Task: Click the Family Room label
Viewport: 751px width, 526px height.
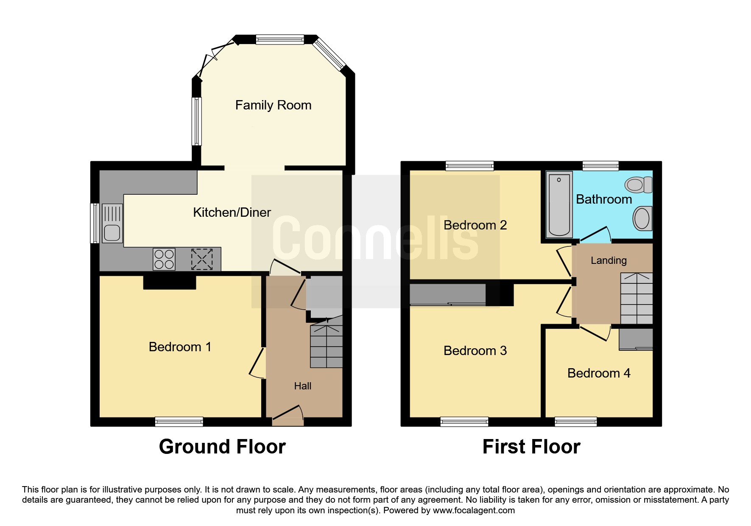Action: (273, 105)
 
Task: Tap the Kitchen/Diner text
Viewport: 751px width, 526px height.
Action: (232, 213)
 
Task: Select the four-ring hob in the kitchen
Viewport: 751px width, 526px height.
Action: (164, 259)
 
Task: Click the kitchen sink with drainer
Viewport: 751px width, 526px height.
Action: (112, 223)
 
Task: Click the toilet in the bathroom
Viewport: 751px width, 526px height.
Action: (638, 185)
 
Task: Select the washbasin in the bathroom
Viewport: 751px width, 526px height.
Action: (642, 218)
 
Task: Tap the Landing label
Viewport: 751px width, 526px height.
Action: (609, 260)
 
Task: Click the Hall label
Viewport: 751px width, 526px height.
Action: (302, 386)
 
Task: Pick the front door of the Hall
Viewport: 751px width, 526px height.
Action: (288, 416)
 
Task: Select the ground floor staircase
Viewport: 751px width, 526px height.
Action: (326, 346)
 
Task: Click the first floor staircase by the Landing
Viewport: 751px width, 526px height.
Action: (636, 298)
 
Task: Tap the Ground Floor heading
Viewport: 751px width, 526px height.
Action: (222, 447)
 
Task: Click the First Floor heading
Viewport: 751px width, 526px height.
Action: (531, 447)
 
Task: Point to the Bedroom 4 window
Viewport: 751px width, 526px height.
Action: (575, 421)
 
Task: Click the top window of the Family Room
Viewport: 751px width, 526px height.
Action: (279, 39)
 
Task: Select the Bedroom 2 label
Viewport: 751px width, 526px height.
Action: (475, 225)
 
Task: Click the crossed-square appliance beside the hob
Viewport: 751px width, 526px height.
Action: (202, 259)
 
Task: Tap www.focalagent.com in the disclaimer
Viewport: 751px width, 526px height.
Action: (474, 510)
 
